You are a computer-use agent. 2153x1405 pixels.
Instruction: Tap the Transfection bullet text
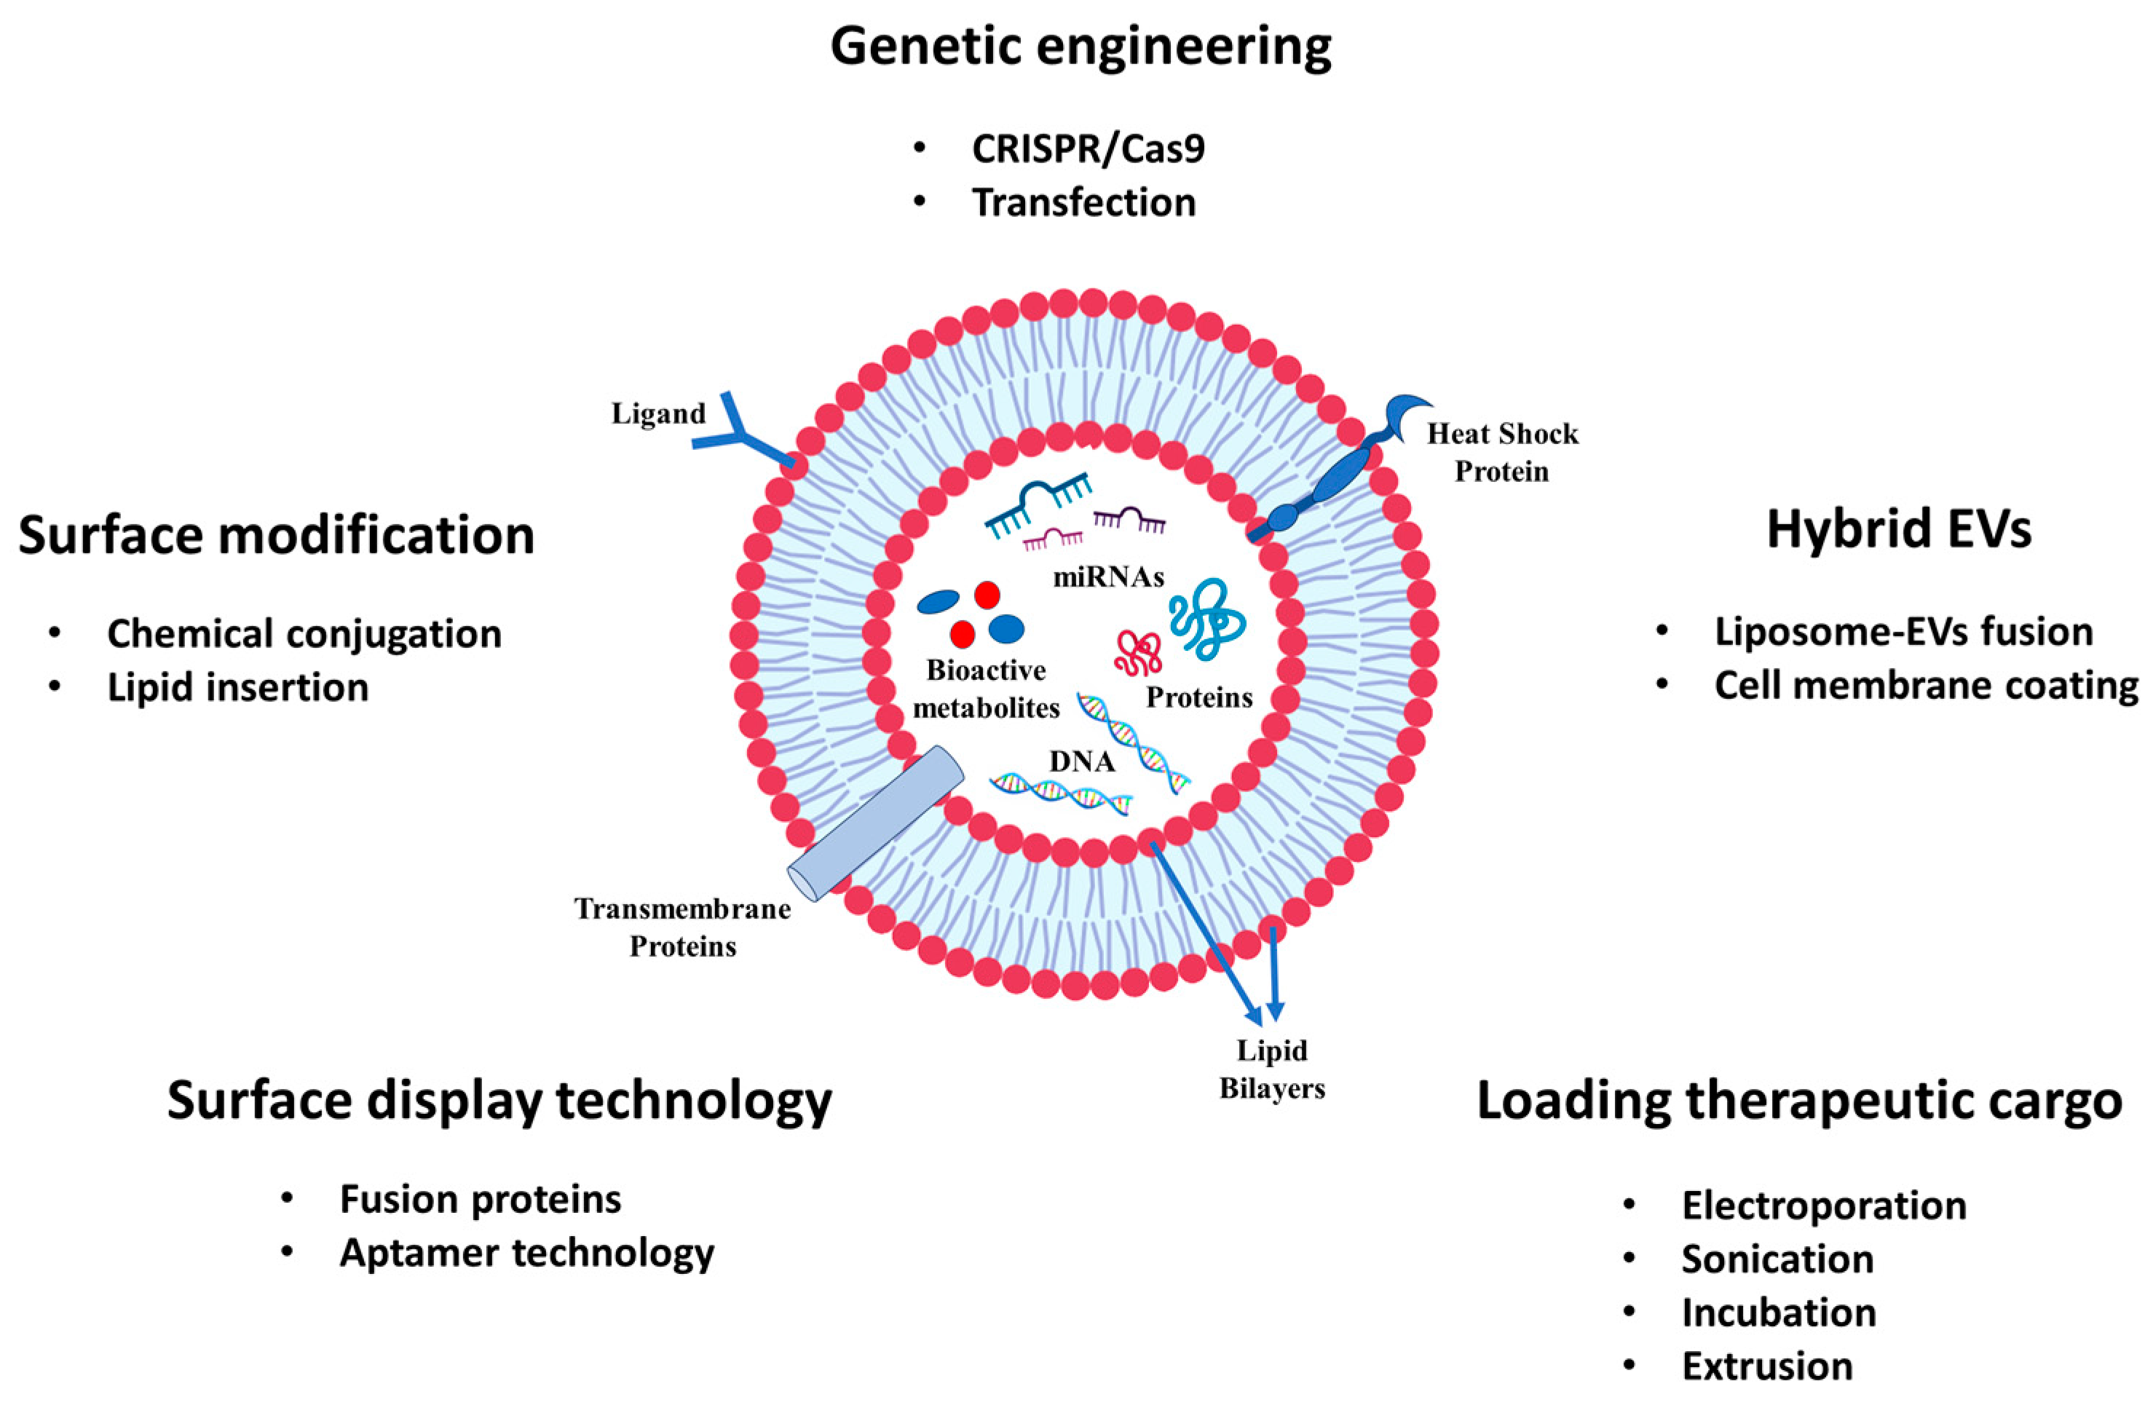click(1083, 202)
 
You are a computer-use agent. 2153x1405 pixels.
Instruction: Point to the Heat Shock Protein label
click(1501, 452)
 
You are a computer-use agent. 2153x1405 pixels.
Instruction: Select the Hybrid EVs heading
click(1899, 530)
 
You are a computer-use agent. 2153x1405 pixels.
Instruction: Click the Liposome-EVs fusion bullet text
click(1903, 631)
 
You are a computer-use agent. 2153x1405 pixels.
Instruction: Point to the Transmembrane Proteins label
click(683, 927)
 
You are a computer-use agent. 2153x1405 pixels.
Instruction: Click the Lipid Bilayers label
click(1272, 1069)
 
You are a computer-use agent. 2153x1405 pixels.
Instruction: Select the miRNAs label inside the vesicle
click(1108, 577)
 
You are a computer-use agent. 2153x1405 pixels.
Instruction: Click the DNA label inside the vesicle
click(1082, 761)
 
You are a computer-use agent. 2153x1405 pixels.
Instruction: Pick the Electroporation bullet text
click(1824, 1206)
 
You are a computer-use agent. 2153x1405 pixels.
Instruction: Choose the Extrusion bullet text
click(1766, 1366)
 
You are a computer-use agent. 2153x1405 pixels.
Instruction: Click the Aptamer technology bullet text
click(526, 1253)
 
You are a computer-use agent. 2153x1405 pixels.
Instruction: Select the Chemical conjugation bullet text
click(304, 633)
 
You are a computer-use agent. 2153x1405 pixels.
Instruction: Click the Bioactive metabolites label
click(986, 689)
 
